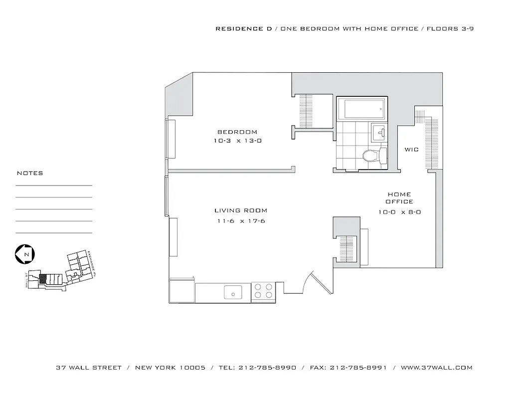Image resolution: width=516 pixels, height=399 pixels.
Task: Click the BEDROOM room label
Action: (x=237, y=132)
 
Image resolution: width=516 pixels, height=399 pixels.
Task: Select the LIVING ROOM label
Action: (x=241, y=210)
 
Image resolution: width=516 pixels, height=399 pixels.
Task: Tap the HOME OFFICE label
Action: (x=399, y=198)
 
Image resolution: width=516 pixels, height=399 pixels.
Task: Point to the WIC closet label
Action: (x=411, y=150)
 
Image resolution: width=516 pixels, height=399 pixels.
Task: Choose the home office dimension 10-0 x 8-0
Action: (x=399, y=212)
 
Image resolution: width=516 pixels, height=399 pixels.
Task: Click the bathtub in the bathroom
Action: (x=361, y=108)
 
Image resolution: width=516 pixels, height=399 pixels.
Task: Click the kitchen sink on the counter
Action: (x=233, y=292)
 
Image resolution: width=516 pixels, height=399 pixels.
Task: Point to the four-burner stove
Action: (x=263, y=291)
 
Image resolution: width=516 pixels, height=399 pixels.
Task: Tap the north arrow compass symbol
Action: (x=24, y=254)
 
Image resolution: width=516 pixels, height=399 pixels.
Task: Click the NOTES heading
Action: (x=30, y=173)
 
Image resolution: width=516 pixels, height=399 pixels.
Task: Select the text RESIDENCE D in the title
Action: (x=244, y=29)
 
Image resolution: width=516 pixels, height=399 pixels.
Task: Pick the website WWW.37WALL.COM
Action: (x=436, y=368)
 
